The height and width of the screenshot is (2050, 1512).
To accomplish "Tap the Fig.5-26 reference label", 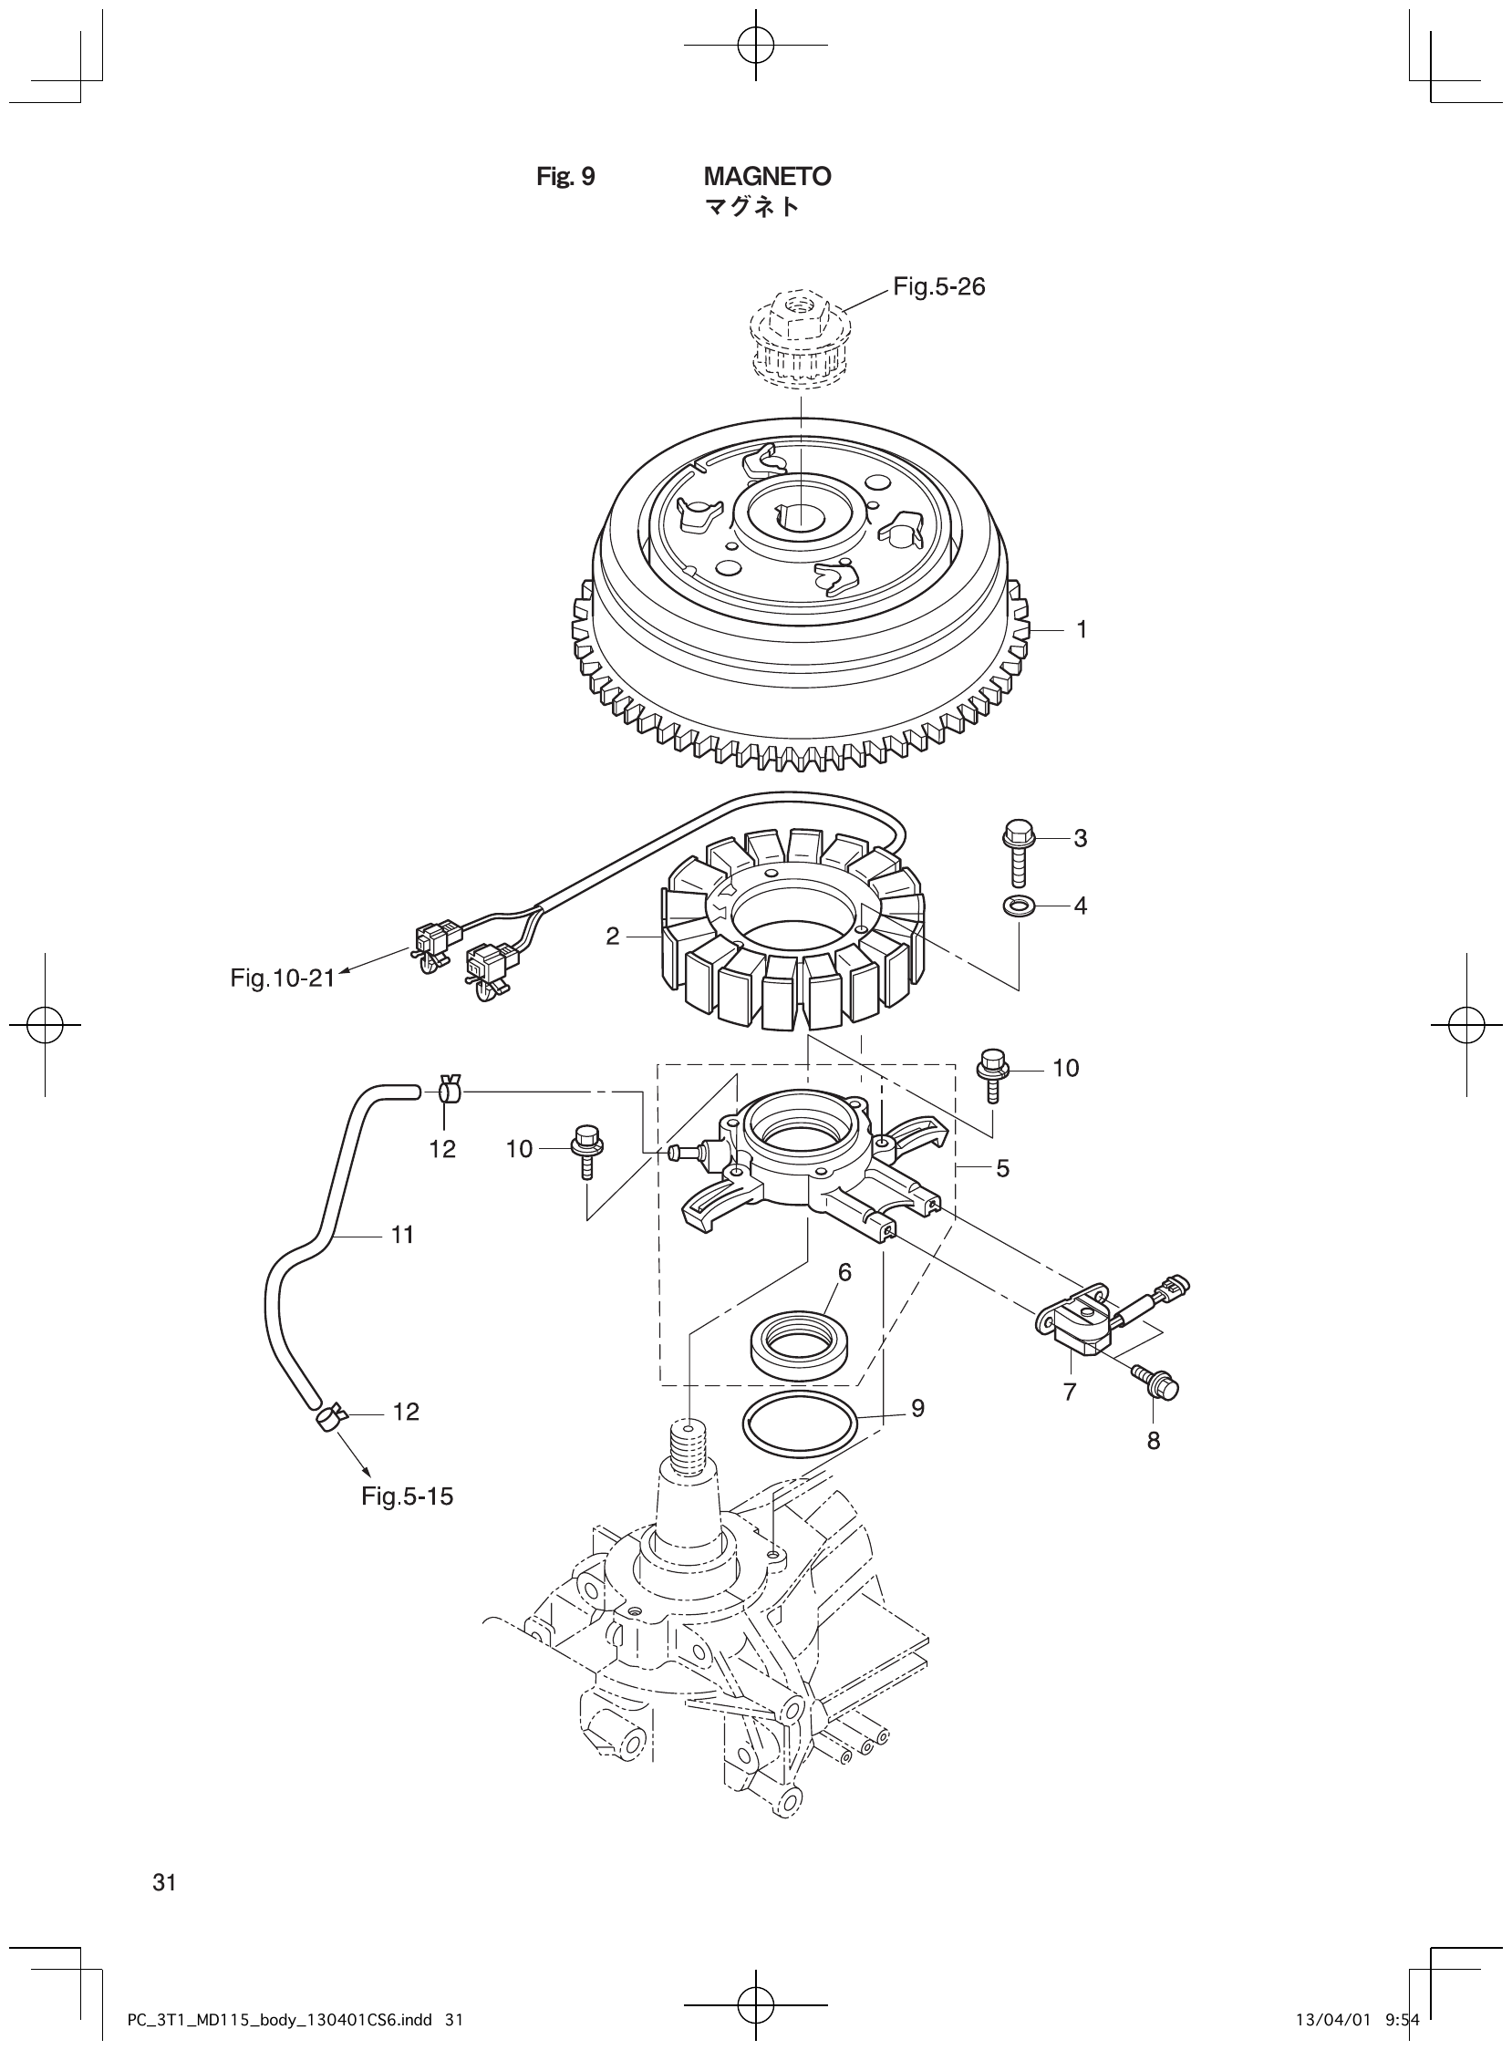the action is pos(939,287).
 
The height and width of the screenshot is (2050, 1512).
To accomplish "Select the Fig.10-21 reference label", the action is pos(282,978).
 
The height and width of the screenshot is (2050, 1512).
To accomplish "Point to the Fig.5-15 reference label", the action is pos(408,1496).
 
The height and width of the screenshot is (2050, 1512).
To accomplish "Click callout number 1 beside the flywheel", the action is pos(1081,629).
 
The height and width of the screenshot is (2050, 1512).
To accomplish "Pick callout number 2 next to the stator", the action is pos(612,937).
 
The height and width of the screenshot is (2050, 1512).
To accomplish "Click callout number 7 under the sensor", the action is pos(1069,1392).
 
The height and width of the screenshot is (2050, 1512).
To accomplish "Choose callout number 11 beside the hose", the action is pos(403,1236).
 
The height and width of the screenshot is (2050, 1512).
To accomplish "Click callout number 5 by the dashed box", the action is pos(1002,1168).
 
